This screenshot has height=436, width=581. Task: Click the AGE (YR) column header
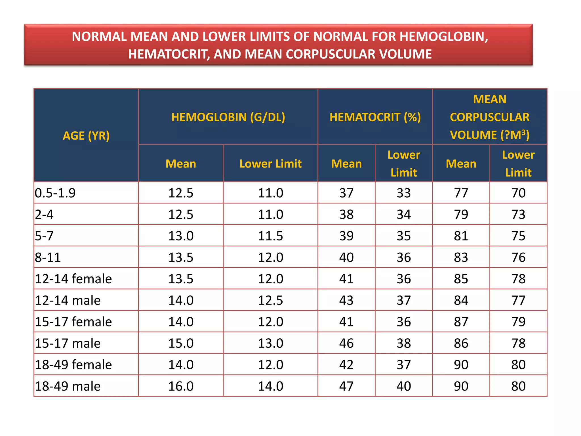86,136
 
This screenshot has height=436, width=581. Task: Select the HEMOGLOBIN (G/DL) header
228,117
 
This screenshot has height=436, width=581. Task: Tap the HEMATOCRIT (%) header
375,117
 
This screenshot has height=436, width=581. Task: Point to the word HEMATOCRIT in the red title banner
167,54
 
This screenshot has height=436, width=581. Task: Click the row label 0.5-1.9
55,193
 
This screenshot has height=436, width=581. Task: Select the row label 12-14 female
73,279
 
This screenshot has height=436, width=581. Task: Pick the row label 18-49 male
68,386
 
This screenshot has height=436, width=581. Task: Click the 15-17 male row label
68,343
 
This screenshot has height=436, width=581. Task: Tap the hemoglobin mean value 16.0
181,386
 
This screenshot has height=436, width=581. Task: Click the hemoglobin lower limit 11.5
270,236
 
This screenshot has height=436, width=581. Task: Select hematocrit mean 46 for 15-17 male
346,343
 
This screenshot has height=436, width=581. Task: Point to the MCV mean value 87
461,322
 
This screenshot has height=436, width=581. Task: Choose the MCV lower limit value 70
518,193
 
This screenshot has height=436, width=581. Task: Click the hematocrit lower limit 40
404,386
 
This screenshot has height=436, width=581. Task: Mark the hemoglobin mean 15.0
181,343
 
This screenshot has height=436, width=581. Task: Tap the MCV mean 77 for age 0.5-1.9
461,193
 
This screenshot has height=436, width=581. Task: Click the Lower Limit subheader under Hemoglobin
270,164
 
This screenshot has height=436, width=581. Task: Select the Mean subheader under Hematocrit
346,164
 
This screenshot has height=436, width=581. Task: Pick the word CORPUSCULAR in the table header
490,117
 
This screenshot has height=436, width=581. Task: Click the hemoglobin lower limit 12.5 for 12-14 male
270,300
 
